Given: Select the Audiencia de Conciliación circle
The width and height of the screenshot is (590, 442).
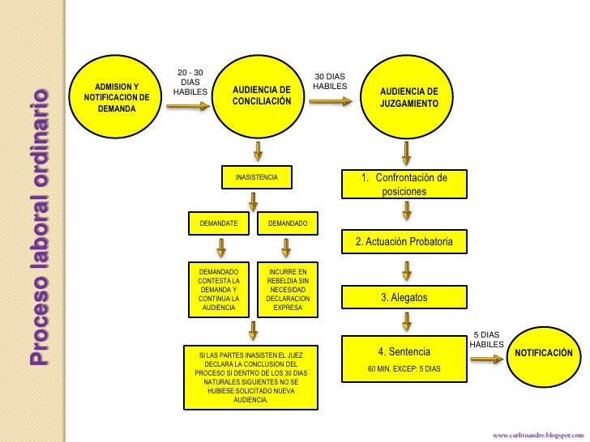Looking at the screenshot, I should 260,97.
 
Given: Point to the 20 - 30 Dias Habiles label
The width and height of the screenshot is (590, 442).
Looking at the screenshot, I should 190,82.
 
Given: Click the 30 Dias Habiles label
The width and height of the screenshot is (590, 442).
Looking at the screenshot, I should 330,81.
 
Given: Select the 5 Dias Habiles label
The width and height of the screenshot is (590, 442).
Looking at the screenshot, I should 486,339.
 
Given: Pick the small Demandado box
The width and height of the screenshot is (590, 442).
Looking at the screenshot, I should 288,223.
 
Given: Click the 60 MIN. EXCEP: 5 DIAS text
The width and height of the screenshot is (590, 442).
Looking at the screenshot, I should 404,368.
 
